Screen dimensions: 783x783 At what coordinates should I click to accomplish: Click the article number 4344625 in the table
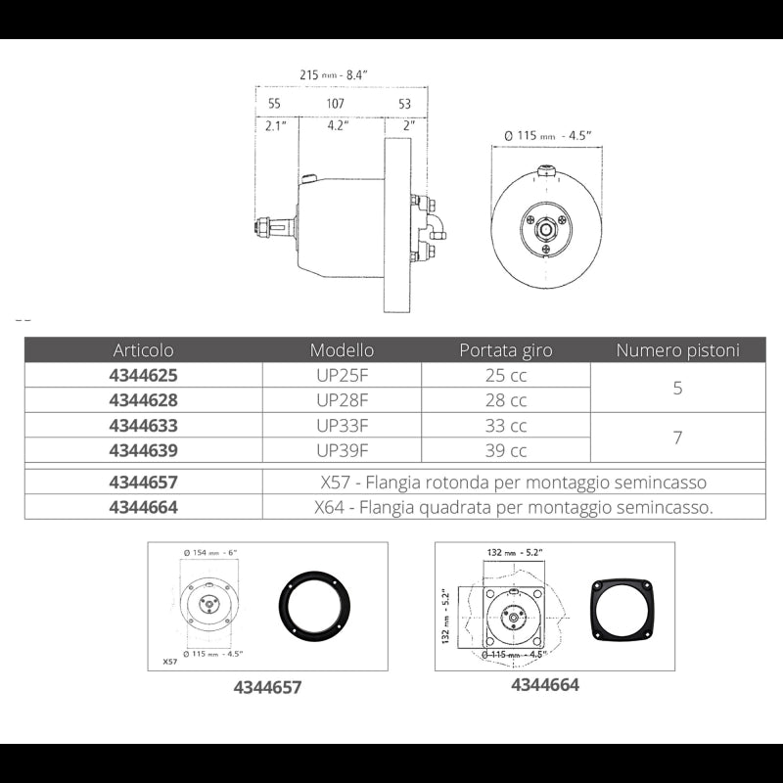(x=144, y=374)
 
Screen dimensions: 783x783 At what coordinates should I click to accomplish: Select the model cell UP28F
(x=342, y=399)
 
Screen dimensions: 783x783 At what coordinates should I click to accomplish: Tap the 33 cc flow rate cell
(x=505, y=425)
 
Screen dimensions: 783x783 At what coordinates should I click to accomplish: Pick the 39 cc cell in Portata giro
(x=505, y=450)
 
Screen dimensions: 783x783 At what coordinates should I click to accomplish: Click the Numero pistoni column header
(x=677, y=349)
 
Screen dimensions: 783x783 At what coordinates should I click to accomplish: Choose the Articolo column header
(x=144, y=349)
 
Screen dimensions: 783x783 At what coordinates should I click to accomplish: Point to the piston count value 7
(x=677, y=438)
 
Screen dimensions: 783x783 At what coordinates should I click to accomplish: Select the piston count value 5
(x=677, y=388)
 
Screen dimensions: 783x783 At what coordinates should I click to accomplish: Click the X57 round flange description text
(x=513, y=482)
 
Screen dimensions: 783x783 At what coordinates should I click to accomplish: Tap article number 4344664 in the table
(x=144, y=507)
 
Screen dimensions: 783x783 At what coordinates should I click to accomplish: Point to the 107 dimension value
(x=335, y=103)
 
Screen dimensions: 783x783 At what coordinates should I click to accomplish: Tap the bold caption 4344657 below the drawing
(x=267, y=687)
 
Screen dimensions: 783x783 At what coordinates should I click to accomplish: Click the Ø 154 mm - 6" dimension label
(x=211, y=553)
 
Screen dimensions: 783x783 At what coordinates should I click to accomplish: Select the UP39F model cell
(x=342, y=450)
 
